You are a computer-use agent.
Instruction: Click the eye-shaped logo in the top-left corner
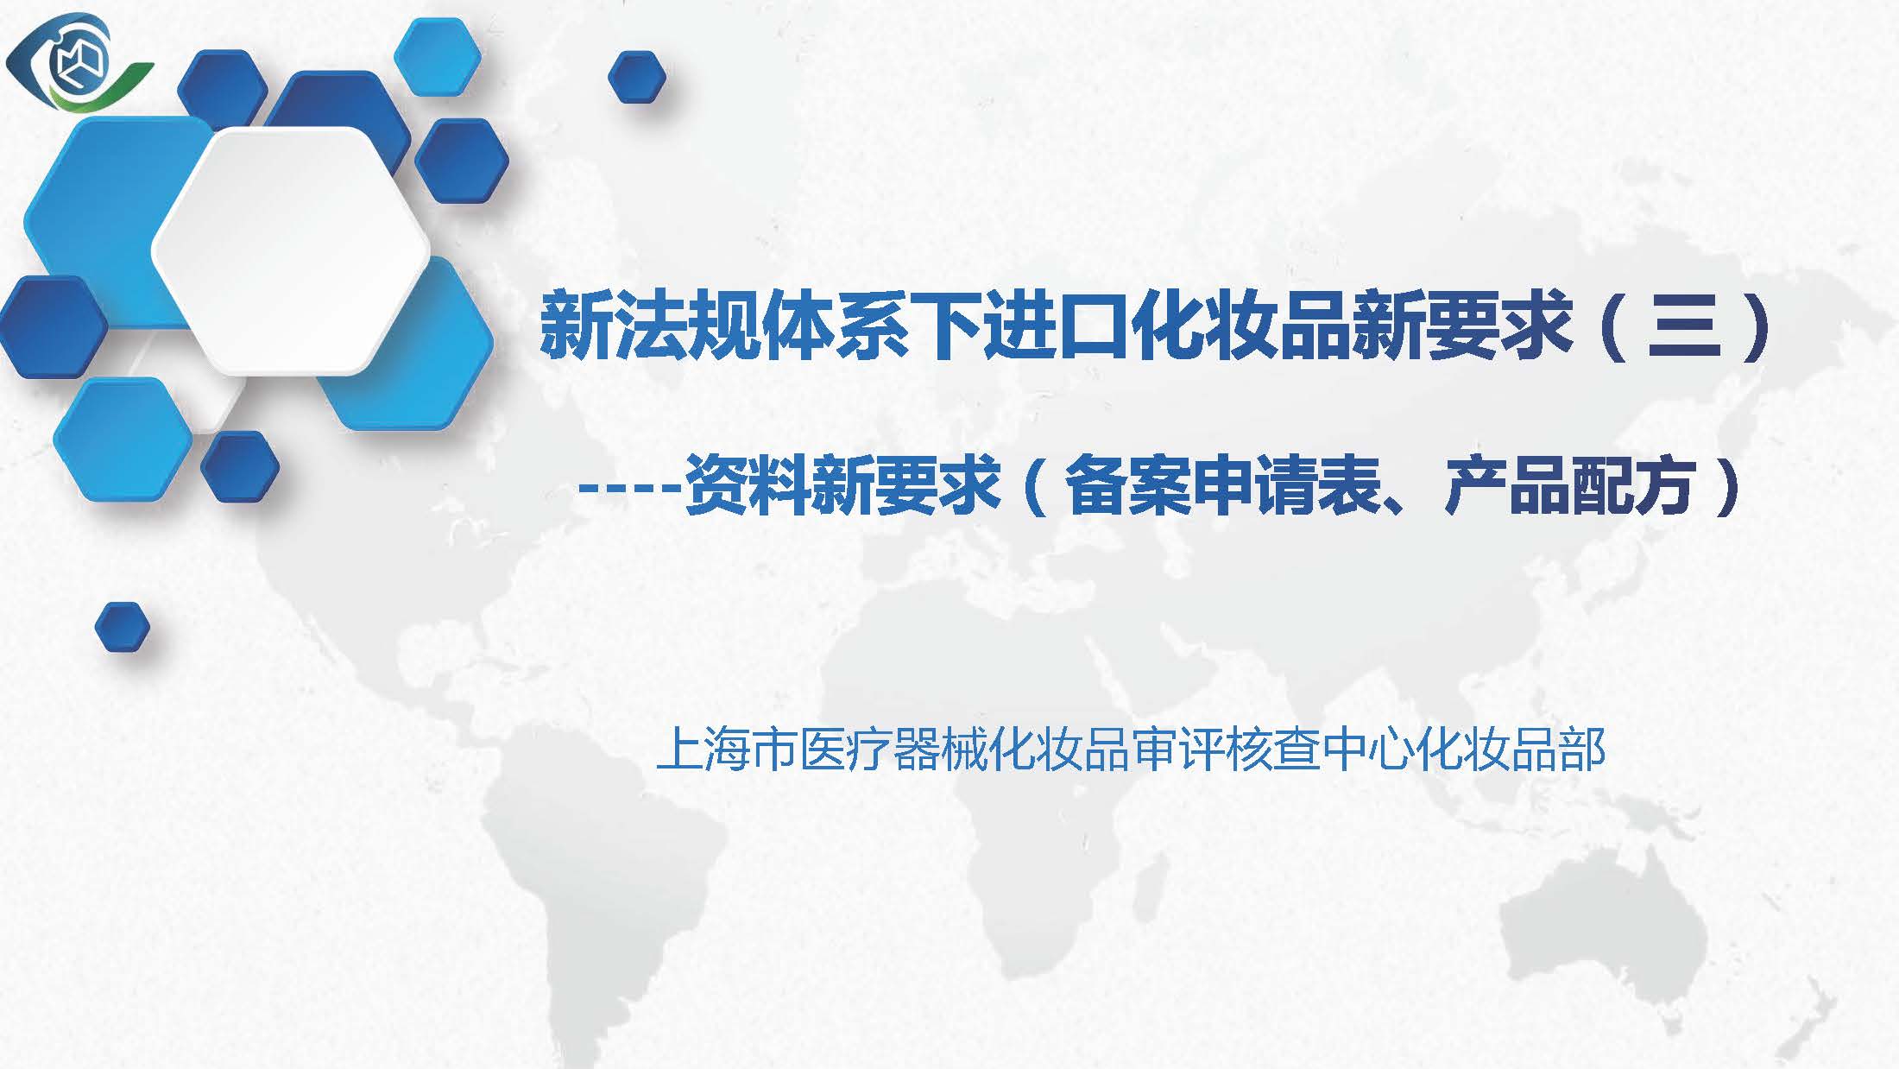pyautogui.click(x=79, y=62)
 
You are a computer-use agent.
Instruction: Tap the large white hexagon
pyautogui.click(x=291, y=250)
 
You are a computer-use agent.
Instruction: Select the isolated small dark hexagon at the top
pyautogui.click(x=637, y=76)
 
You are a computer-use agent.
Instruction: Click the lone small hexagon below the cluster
pyautogui.click(x=122, y=627)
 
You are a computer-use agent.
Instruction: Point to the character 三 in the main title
pyautogui.click(x=1684, y=327)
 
